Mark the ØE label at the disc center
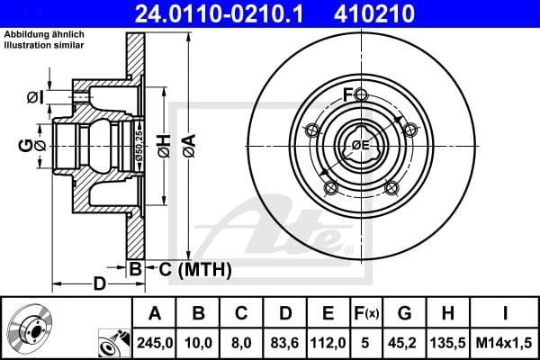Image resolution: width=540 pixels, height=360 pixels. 360,145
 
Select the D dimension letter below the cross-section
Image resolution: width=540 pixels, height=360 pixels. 100,284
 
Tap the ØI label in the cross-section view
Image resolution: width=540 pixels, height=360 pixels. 33,97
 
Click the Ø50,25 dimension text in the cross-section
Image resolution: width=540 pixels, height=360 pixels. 139,143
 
